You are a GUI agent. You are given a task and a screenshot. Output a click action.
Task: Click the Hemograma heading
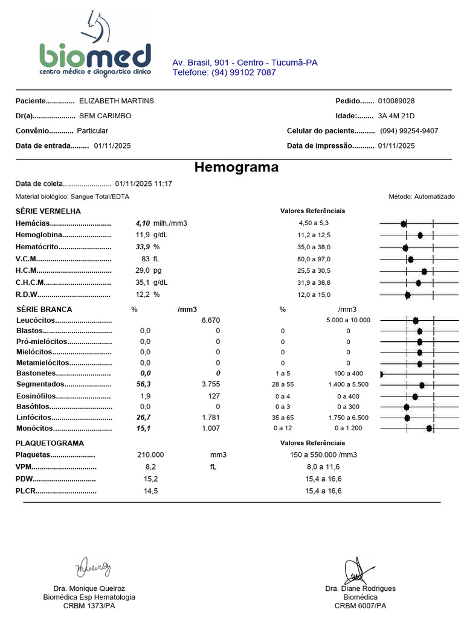236,167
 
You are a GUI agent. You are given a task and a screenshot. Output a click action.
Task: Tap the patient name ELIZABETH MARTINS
117,101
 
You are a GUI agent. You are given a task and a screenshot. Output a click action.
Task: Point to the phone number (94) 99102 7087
224,72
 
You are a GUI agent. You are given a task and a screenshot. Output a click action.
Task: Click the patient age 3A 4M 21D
396,116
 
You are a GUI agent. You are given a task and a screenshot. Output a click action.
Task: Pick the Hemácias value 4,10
143,223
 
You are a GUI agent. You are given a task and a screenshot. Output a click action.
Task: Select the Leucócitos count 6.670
211,320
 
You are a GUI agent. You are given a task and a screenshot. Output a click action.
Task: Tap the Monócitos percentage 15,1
143,428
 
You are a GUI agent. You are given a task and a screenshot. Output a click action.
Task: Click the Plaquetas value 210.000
150,455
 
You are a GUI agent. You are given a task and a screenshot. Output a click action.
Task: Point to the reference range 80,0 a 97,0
310,259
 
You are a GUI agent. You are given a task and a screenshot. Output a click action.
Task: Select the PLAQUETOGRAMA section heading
50,443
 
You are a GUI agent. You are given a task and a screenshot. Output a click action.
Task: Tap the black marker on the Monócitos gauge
429,428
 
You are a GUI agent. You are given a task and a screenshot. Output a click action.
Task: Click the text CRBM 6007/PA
360,605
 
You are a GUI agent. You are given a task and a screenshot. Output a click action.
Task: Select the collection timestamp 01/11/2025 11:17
144,183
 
